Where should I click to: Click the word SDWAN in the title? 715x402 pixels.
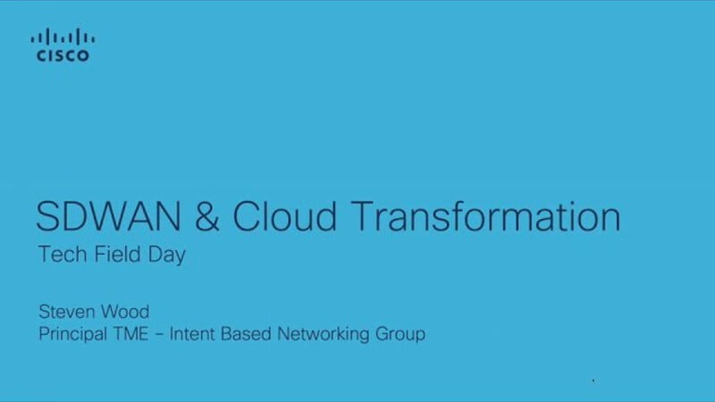click(108, 216)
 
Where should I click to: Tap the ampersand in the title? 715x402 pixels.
click(207, 216)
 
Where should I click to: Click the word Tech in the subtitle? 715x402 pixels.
click(63, 254)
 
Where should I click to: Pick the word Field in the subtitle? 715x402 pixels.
click(117, 254)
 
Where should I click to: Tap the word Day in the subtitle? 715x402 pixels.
click(167, 255)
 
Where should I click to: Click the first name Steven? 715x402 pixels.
click(66, 312)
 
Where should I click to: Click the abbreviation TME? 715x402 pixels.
click(130, 333)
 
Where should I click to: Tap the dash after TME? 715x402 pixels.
click(160, 335)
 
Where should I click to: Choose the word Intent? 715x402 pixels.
click(192, 333)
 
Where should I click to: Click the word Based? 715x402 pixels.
click(247, 333)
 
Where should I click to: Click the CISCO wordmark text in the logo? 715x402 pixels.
click(63, 55)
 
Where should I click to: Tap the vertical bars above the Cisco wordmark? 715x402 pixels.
click(63, 37)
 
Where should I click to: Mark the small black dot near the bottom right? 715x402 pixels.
click(593, 381)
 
